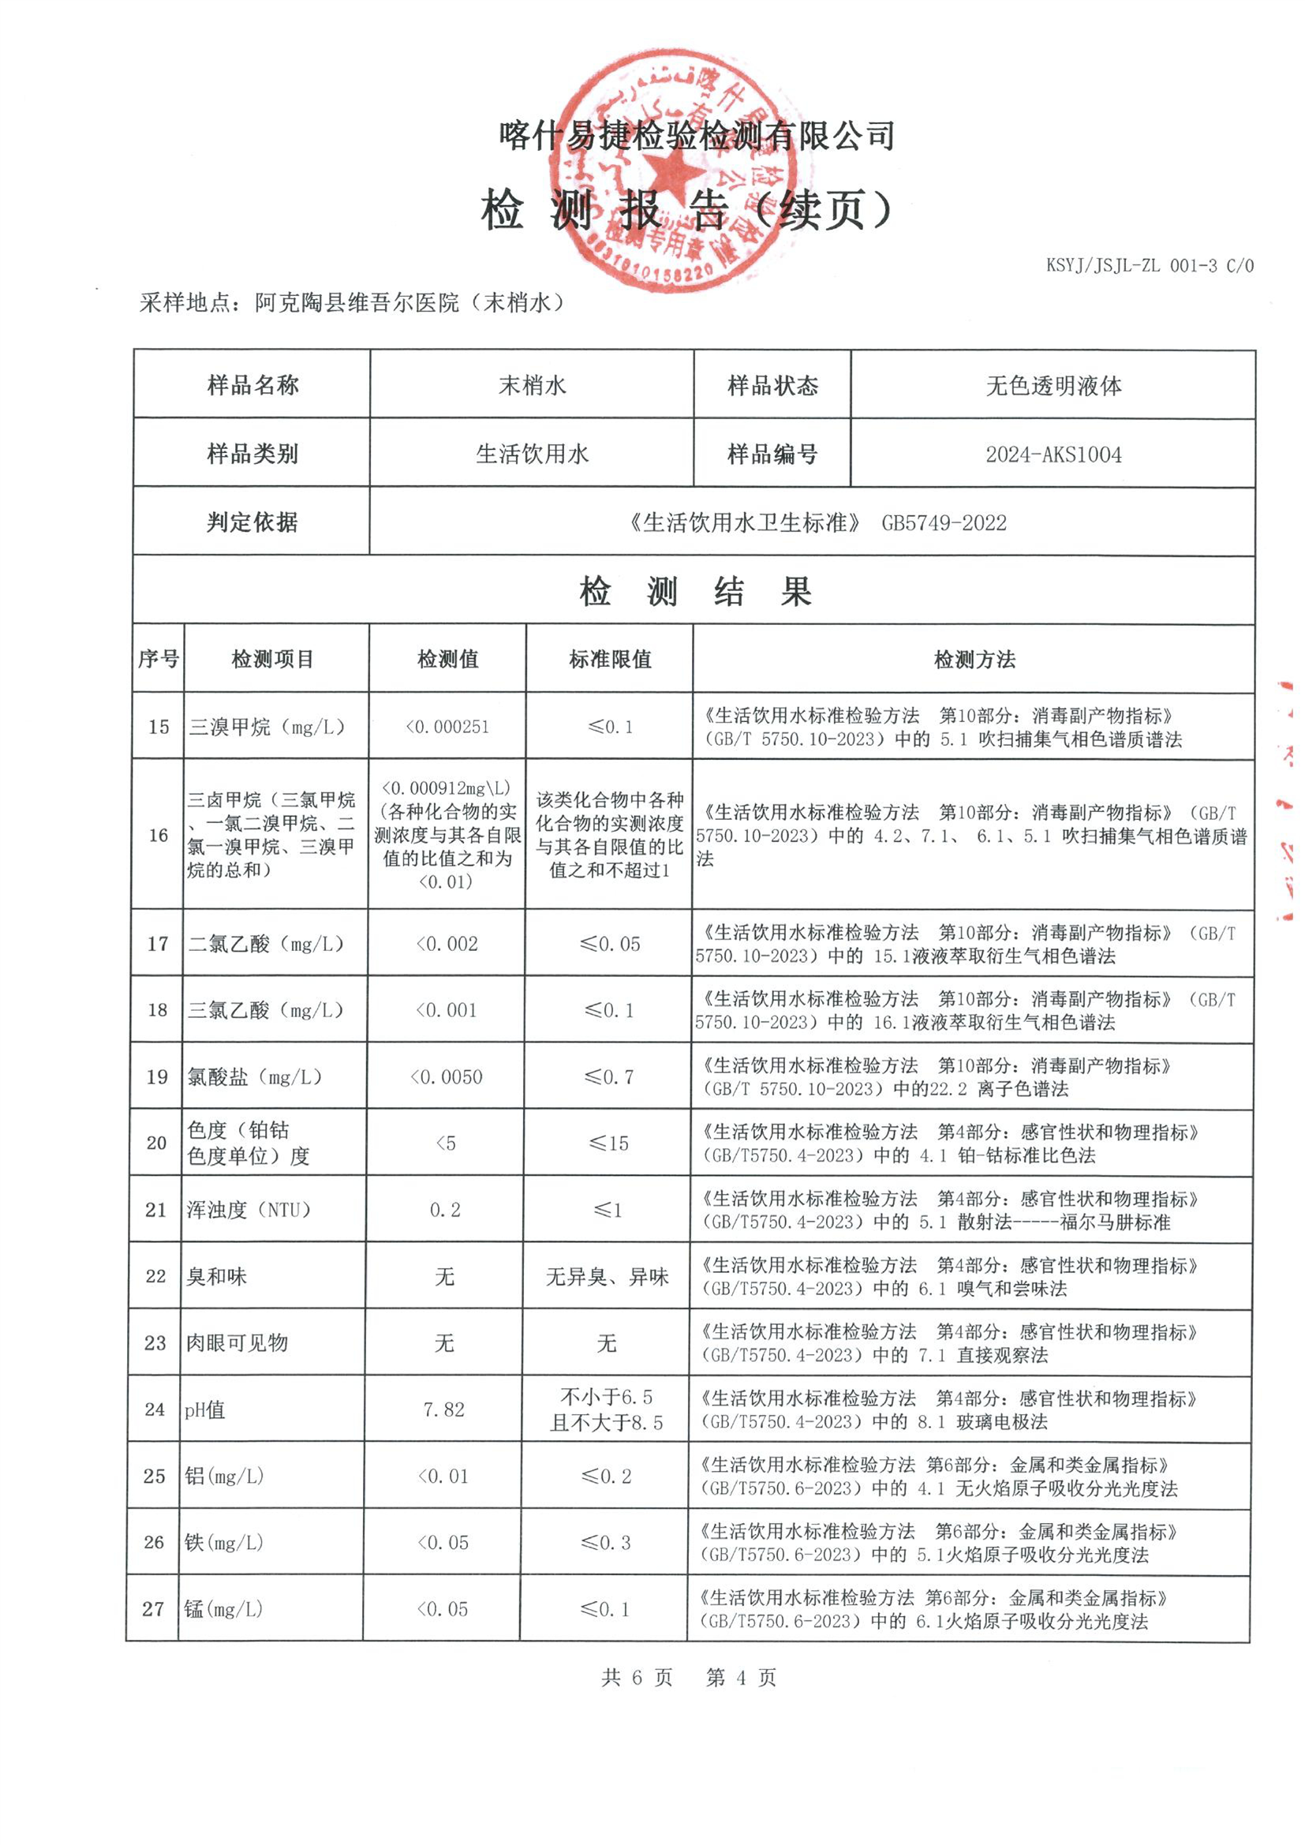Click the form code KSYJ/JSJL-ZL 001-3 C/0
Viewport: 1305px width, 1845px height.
click(1149, 265)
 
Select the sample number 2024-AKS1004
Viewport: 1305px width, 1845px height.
click(1053, 455)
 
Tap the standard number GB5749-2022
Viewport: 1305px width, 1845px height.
click(944, 523)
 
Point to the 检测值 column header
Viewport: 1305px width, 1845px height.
click(447, 660)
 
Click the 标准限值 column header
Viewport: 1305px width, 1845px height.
click(610, 660)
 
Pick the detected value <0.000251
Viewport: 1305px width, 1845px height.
click(447, 728)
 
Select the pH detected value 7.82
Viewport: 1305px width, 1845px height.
click(443, 1409)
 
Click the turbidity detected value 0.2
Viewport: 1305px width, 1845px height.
click(445, 1211)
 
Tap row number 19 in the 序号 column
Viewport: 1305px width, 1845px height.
click(157, 1077)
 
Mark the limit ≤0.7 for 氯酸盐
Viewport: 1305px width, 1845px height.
click(609, 1077)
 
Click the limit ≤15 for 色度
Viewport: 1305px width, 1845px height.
click(608, 1143)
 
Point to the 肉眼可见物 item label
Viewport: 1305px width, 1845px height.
click(237, 1343)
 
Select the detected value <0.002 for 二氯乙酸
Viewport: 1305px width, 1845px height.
click(447, 944)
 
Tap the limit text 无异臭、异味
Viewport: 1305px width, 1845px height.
click(608, 1277)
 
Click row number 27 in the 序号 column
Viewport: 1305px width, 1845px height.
click(153, 1609)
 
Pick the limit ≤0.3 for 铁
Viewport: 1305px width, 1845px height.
click(606, 1543)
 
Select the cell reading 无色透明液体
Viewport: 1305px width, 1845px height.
click(1053, 387)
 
